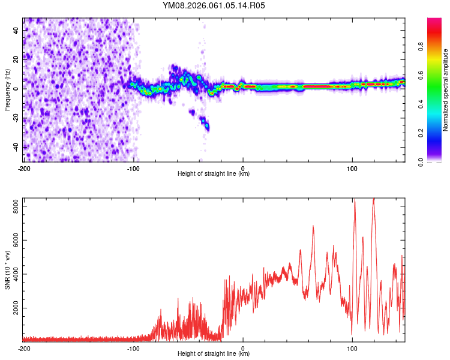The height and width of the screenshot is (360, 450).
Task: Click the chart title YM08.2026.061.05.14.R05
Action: (x=214, y=5)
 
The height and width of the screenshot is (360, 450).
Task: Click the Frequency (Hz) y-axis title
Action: (x=7, y=90)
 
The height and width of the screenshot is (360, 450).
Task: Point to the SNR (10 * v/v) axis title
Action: (x=7, y=270)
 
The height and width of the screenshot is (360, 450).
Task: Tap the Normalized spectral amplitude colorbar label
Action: (x=446, y=90)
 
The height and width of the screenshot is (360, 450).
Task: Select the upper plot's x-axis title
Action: (x=214, y=174)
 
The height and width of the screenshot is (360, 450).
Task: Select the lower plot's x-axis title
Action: (x=214, y=354)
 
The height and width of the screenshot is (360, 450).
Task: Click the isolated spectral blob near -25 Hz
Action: (x=206, y=125)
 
